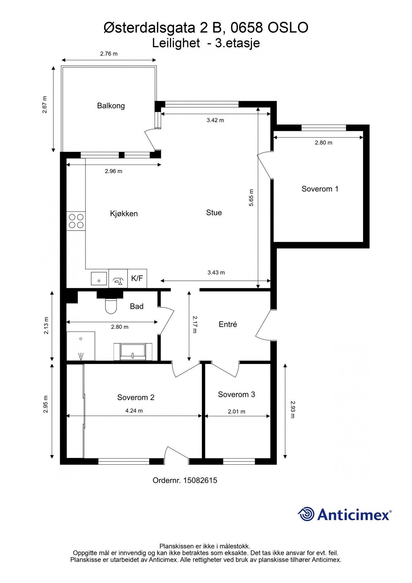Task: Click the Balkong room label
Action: (111, 106)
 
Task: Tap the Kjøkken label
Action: (124, 214)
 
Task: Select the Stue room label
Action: (214, 212)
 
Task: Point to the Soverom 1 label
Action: (320, 189)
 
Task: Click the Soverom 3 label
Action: (237, 394)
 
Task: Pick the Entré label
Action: (228, 324)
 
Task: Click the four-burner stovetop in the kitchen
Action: (76, 221)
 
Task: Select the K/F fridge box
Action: (137, 279)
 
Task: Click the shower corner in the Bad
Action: (81, 346)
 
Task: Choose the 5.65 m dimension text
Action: (251, 198)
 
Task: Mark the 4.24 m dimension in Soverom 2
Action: (134, 411)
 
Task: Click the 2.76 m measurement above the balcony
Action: (109, 54)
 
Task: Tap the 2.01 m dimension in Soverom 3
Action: (237, 412)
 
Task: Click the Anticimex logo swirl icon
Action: (306, 514)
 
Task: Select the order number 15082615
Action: (200, 480)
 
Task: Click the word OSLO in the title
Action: (288, 28)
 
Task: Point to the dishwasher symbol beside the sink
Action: (118, 279)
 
